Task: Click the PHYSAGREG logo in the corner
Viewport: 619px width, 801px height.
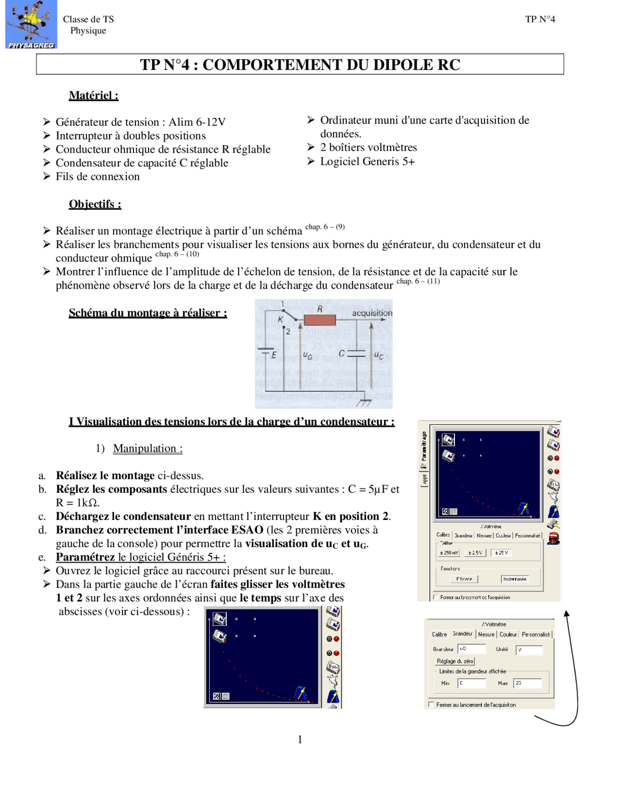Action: (x=31, y=24)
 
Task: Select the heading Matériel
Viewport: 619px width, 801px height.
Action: (x=93, y=95)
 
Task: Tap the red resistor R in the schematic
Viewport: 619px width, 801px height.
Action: (x=320, y=320)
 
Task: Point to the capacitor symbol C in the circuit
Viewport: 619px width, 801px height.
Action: (x=356, y=354)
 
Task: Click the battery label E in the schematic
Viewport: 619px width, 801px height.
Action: (x=274, y=355)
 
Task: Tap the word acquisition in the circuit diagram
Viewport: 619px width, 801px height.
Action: (x=372, y=313)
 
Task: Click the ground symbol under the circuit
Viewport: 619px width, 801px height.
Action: (x=364, y=402)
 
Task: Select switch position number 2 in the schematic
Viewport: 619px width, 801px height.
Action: (x=288, y=332)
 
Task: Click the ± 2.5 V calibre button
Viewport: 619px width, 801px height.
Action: (x=475, y=552)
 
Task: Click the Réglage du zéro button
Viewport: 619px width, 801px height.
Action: (x=455, y=661)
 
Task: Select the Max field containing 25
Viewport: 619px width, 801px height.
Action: (x=527, y=683)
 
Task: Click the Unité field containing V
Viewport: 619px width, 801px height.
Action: (x=529, y=650)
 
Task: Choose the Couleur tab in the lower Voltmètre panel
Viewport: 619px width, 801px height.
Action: (x=508, y=634)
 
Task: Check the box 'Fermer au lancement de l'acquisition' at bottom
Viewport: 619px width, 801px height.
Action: (x=431, y=705)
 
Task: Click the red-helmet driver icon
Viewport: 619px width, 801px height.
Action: (x=554, y=538)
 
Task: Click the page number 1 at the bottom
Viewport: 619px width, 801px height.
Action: (x=300, y=740)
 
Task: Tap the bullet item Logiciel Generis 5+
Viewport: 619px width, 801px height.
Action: (x=367, y=162)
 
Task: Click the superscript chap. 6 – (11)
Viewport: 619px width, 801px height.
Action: (x=418, y=281)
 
